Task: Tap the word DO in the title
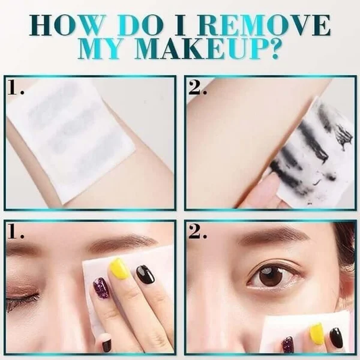click(140, 25)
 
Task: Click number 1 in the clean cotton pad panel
click(16, 87)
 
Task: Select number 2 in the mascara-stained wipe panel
click(197, 87)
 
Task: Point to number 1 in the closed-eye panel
click(16, 231)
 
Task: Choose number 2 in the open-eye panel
click(197, 231)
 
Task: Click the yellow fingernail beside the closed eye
click(119, 269)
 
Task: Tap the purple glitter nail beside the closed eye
click(101, 288)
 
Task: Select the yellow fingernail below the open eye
click(317, 334)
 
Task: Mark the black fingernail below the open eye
click(336, 338)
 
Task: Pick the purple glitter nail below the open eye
click(288, 344)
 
